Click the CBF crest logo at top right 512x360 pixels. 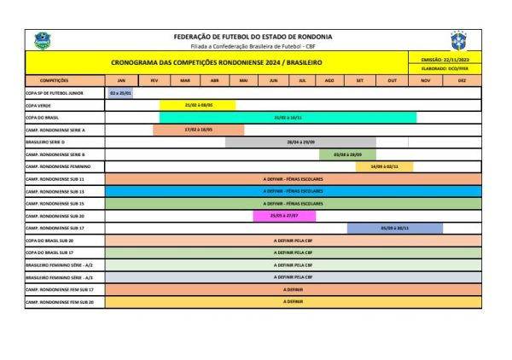point(458,40)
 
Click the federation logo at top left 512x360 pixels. point(42,40)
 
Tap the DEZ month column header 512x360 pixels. point(462,80)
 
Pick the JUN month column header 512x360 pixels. point(273,80)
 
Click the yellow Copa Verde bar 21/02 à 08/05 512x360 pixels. point(197,105)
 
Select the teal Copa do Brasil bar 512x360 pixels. point(288,118)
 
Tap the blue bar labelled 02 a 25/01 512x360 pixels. point(119,92)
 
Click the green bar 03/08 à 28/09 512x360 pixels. point(347,154)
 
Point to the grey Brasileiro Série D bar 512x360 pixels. point(300,142)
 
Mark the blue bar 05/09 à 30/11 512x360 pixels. point(395,229)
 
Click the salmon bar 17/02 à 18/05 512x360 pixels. point(198,130)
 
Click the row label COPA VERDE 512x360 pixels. point(39,105)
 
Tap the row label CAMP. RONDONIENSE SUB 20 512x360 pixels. point(55,216)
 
